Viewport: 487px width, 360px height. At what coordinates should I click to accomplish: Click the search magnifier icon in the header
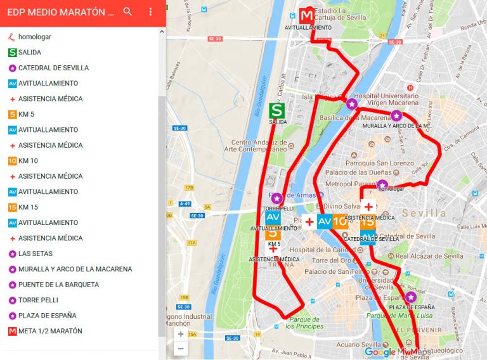pyautogui.click(x=127, y=11)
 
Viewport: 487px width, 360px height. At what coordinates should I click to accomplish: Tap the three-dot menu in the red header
pyautogui.click(x=150, y=11)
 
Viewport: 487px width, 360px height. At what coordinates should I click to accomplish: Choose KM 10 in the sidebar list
pyautogui.click(x=28, y=161)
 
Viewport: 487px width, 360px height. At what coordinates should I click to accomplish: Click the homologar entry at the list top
pyautogui.click(x=34, y=37)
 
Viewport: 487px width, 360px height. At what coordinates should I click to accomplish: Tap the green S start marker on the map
pyautogui.click(x=276, y=111)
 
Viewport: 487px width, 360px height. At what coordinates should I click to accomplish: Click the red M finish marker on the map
pyautogui.click(x=307, y=15)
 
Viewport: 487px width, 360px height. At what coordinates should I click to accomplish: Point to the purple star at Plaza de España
pyautogui.click(x=410, y=297)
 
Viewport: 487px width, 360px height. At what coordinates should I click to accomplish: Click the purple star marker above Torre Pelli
pyautogui.click(x=276, y=198)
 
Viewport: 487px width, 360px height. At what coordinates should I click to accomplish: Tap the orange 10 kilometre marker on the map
pyautogui.click(x=340, y=221)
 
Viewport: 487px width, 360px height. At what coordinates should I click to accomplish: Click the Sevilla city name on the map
pyautogui.click(x=424, y=213)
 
